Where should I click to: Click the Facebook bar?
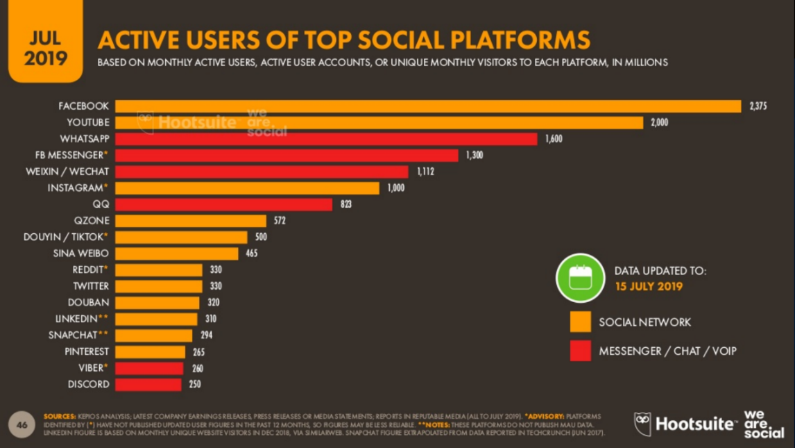428,106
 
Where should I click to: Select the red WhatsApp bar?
326,139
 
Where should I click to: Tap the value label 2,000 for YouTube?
659,123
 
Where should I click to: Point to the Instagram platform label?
77,188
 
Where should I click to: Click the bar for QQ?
223,204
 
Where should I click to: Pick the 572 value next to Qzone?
279,221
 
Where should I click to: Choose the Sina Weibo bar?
176,254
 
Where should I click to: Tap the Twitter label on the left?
91,286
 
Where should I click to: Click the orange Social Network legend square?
581,322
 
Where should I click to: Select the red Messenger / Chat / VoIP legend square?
581,351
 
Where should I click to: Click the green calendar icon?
580,278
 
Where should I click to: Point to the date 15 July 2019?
649,286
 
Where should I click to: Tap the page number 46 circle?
22,424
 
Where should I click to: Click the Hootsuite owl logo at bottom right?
643,424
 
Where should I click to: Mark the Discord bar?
148,384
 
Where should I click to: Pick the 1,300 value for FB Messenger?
475,156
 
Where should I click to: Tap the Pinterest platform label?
87,351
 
